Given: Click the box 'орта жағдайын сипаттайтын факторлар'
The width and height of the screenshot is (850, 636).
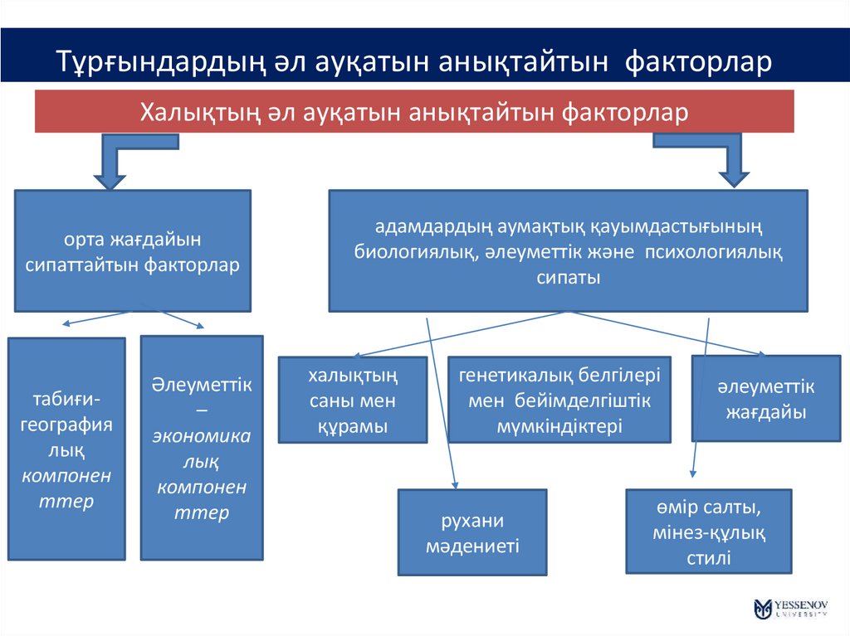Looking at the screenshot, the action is (x=133, y=251).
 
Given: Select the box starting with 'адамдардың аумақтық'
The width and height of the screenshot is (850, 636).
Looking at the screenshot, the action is (x=568, y=251).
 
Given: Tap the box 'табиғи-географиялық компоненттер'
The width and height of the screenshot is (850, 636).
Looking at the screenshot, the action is (x=66, y=448).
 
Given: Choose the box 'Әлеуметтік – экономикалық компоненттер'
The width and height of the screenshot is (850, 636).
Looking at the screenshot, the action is (x=202, y=448).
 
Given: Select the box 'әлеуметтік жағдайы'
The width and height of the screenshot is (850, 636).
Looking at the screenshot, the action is (x=765, y=398).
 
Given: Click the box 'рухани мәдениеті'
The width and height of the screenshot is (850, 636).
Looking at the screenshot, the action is (x=472, y=532).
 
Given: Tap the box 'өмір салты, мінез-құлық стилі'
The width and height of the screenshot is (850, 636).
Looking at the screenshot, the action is (x=708, y=532).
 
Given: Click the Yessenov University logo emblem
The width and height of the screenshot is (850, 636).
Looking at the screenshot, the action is (x=763, y=608).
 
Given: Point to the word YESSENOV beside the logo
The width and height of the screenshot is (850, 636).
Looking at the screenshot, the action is (x=801, y=603).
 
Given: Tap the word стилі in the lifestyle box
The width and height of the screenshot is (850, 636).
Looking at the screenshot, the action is (x=708, y=557).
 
